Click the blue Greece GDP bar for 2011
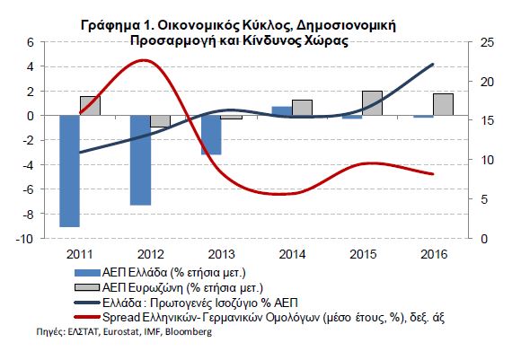70,171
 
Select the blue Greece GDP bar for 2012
141,161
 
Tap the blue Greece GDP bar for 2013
211,136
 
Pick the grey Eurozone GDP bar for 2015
372,103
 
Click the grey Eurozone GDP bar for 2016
443,104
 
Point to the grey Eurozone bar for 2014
302,108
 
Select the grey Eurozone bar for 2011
90,106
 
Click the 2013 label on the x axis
221,255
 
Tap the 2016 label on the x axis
434,255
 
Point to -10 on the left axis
24,239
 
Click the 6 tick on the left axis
31,42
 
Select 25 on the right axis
487,42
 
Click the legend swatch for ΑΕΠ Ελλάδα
87,273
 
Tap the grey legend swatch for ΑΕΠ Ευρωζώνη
87,287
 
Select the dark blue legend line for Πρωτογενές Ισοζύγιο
87,303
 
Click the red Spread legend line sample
87,317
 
